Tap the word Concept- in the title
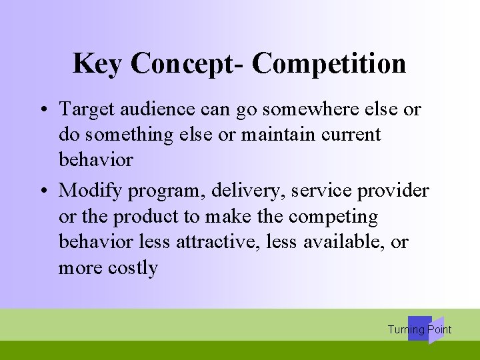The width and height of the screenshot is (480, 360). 188,64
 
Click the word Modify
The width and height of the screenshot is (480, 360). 91,191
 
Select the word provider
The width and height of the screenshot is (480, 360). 393,191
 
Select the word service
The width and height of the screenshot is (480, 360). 321,191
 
